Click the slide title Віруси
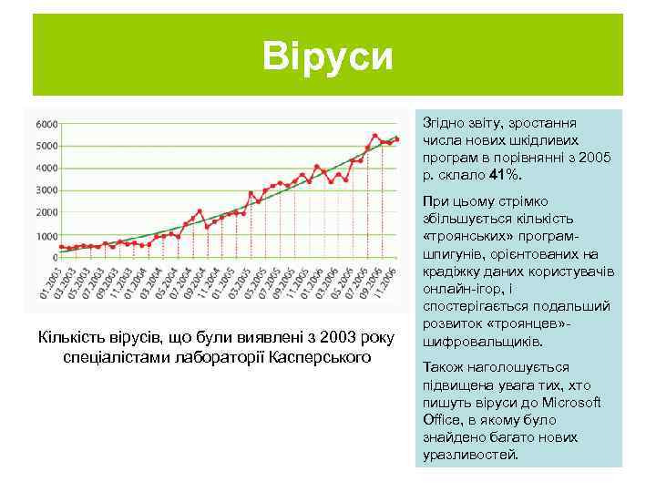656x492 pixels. pyautogui.click(x=328, y=56)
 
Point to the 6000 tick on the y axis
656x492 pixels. pyautogui.click(x=46, y=123)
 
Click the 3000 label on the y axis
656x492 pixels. pyautogui.click(x=46, y=190)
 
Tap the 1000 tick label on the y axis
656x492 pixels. pyautogui.click(x=46, y=236)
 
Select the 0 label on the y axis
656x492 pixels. pyautogui.click(x=54, y=258)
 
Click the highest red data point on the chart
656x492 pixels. pyautogui.click(x=375, y=136)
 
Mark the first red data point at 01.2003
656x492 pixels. pyautogui.click(x=61, y=246)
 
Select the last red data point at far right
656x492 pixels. pyautogui.click(x=397, y=138)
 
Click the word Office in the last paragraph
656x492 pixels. pyautogui.click(x=439, y=419)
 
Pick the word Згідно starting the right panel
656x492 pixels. pyautogui.click(x=442, y=122)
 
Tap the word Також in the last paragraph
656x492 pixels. pyautogui.click(x=442, y=367)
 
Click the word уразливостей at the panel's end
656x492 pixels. pyautogui.click(x=470, y=454)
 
